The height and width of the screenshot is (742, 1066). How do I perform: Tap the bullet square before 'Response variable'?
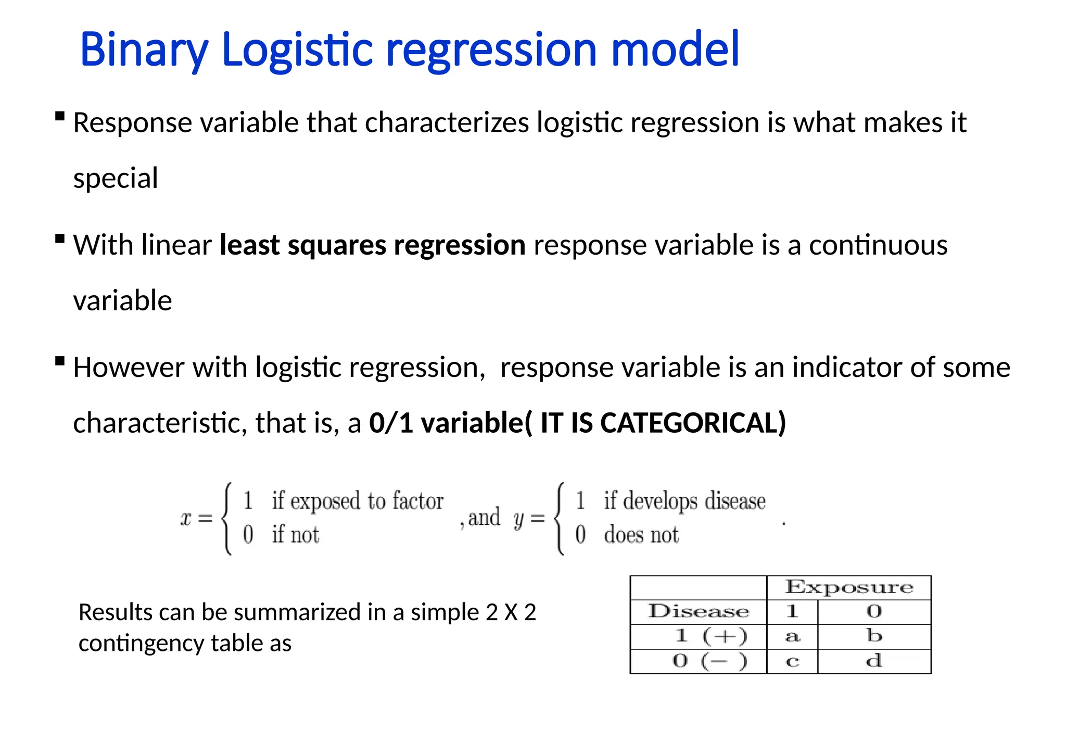coord(60,116)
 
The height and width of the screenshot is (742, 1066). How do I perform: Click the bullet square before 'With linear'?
coord(60,238)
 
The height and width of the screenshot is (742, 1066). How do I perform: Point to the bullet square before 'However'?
coord(60,361)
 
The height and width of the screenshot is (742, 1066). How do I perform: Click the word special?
coord(116,179)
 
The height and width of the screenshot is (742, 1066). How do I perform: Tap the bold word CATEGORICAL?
coord(689,422)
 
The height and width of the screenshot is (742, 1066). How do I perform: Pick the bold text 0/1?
coord(391,422)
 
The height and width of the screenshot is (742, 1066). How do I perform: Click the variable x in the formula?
coord(186,519)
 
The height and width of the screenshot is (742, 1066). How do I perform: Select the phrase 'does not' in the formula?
coord(641,535)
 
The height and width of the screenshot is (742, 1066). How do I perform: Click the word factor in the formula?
coord(417,501)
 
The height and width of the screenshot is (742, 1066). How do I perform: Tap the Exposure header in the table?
coord(849,587)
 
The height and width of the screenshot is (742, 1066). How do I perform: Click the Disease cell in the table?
coord(698,611)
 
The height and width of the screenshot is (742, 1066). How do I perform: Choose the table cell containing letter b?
coord(874,636)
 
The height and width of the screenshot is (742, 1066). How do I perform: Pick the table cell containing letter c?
coord(792,661)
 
